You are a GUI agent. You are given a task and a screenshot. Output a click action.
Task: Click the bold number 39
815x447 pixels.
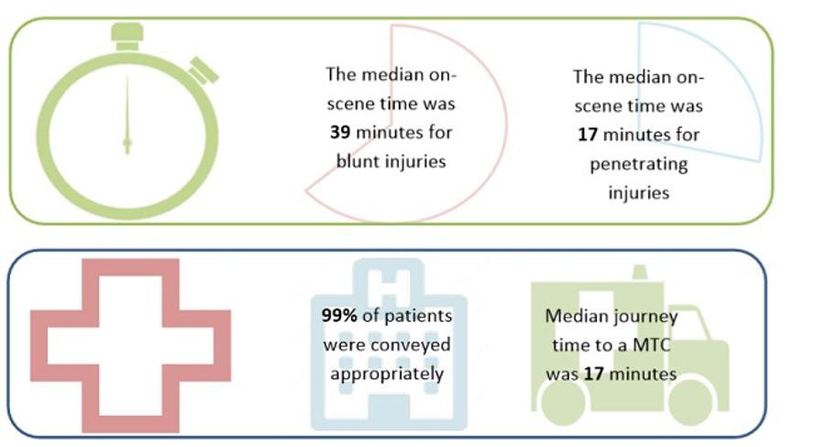tap(340, 133)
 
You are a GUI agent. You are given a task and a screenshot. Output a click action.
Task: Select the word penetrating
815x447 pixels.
tap(639, 165)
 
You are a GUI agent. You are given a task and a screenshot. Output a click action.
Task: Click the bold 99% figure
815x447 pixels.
tap(339, 315)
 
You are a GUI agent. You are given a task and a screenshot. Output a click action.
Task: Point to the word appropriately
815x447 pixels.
tap(387, 375)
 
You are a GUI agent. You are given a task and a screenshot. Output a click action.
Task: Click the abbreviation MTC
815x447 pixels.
tap(653, 344)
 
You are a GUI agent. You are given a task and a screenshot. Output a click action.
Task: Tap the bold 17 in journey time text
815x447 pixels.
tap(593, 375)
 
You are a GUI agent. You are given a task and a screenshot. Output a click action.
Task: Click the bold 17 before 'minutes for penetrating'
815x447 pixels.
tap(588, 135)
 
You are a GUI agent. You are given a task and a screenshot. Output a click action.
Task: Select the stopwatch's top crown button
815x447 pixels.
tap(127, 37)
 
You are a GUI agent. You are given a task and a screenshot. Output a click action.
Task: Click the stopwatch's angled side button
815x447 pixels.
tap(204, 71)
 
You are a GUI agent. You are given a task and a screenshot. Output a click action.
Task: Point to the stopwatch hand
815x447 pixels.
tap(127, 114)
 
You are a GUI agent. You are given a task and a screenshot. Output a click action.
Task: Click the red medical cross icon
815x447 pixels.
tap(130, 345)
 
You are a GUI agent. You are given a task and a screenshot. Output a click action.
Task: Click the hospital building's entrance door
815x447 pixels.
tap(389, 413)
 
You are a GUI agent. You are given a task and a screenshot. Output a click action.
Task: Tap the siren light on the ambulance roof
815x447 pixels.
tap(640, 273)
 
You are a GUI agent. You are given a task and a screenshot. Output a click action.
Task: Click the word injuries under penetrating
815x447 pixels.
tap(639, 193)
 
